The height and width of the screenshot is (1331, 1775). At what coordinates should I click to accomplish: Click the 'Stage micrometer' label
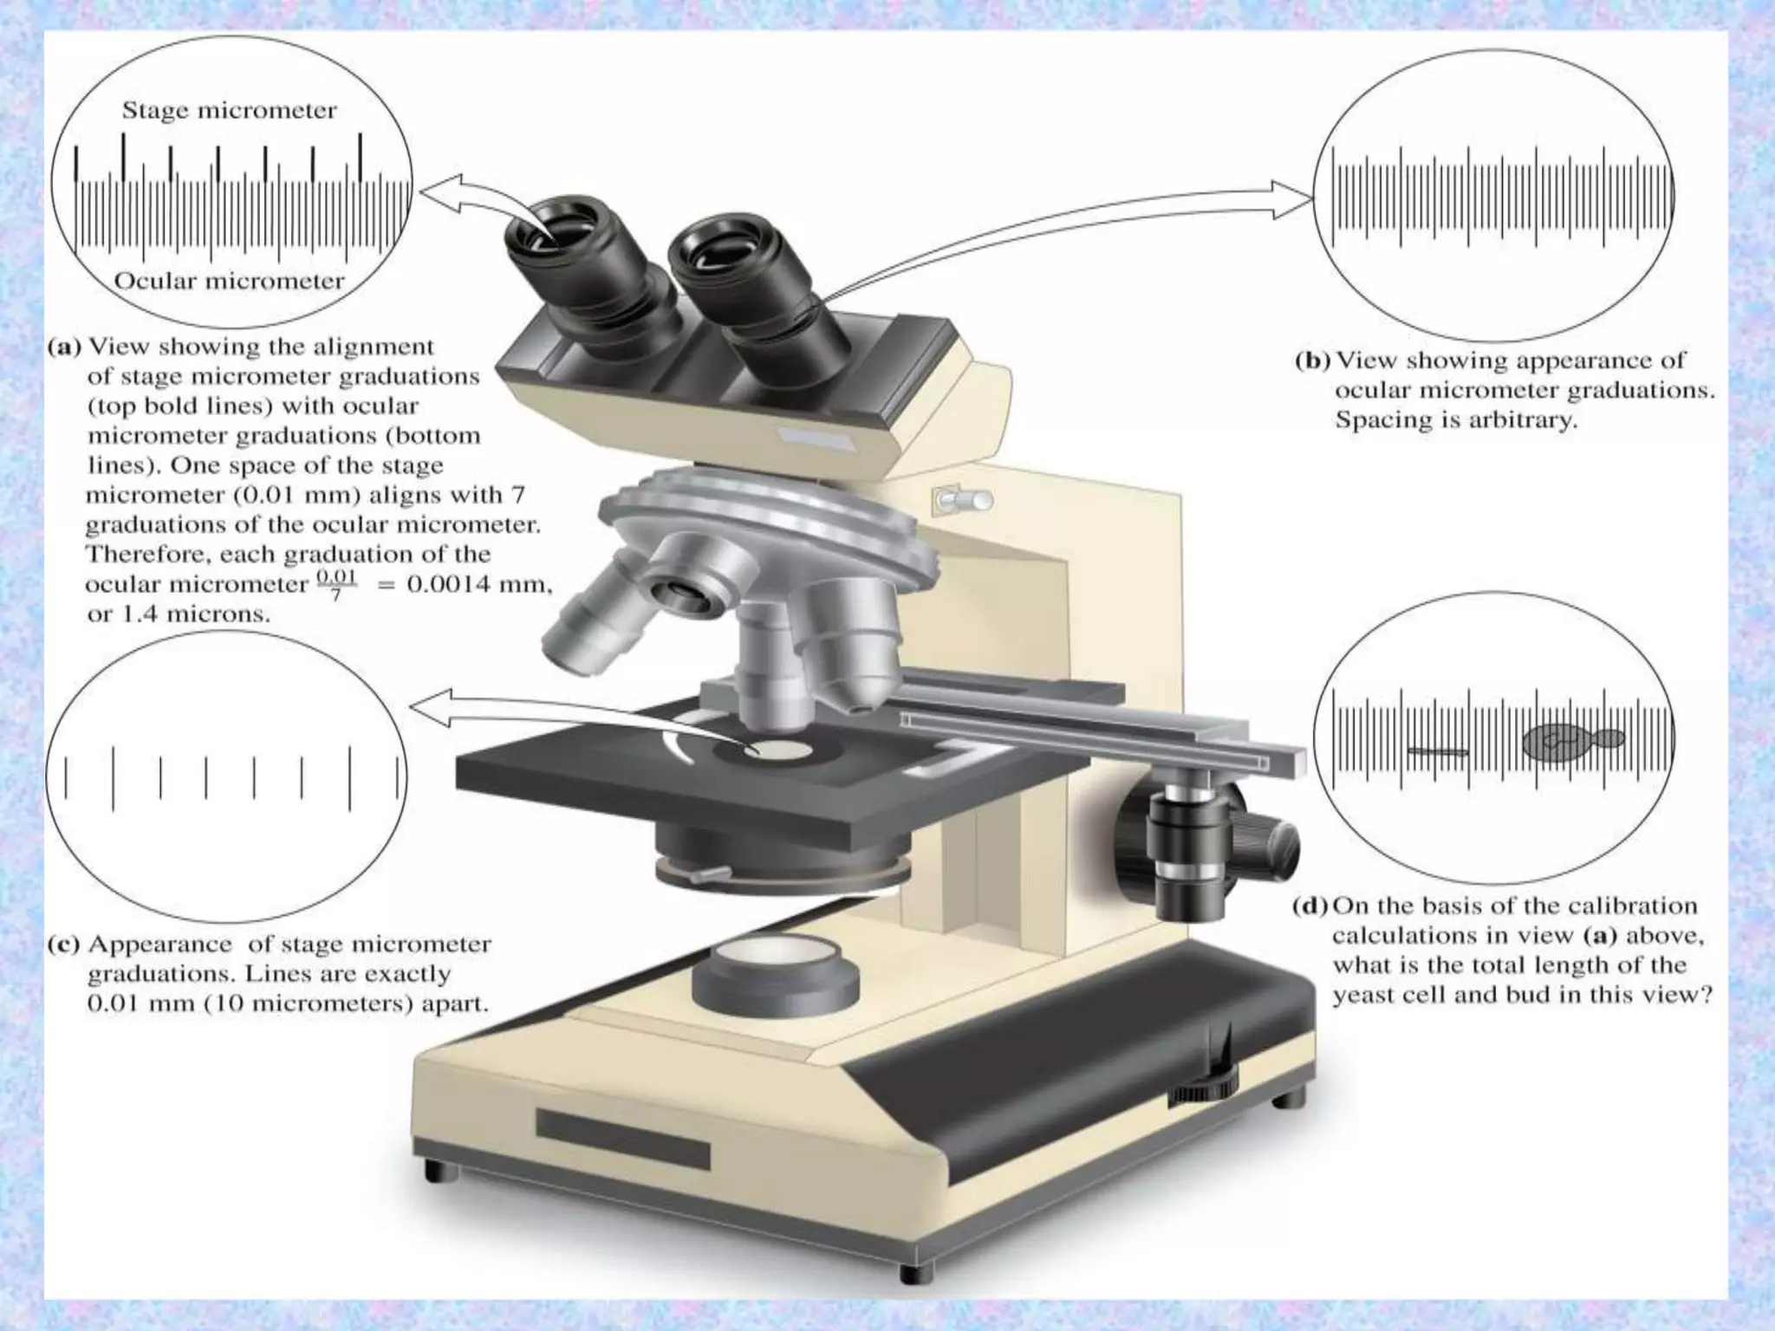(229, 111)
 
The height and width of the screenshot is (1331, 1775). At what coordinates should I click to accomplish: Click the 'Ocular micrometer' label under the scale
(229, 281)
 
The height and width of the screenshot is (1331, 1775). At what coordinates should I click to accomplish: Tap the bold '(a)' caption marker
(64, 347)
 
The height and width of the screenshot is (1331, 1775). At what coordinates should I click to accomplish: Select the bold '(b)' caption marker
(1312, 360)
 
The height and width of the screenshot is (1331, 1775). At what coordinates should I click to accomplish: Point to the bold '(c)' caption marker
(63, 944)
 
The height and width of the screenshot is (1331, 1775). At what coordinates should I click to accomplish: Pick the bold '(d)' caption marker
(1310, 906)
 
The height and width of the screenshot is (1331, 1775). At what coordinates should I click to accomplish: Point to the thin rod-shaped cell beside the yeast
(1438, 750)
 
